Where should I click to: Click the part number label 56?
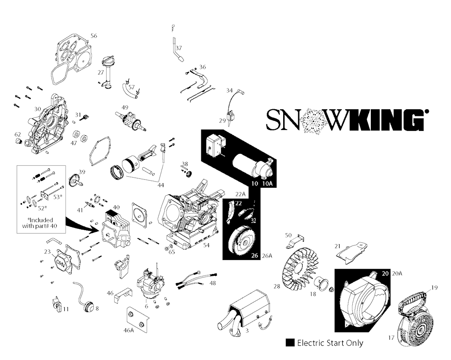pos(94,36)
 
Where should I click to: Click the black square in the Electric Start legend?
pos(290,343)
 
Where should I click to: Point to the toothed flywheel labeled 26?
pos(244,240)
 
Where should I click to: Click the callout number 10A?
pos(267,184)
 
